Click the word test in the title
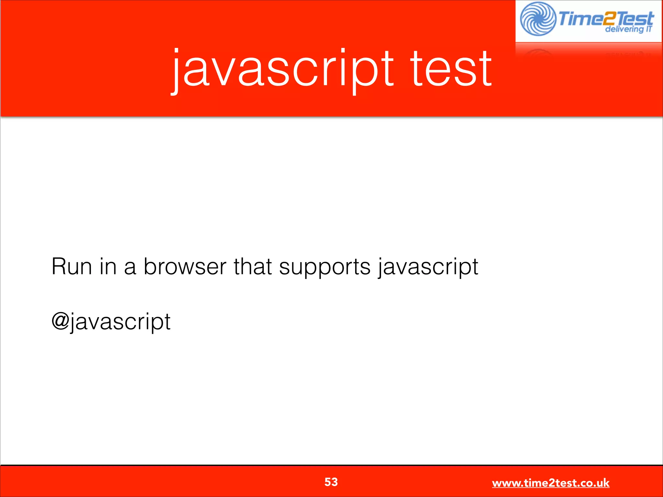pos(451,70)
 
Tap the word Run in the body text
pos(72,267)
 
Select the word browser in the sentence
pos(185,267)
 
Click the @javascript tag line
pos(111,322)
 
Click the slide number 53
pos(331,482)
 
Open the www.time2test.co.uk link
pos(550,483)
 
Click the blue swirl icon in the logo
pos(538,19)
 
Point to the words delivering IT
pos(628,29)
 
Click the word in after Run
pos(108,267)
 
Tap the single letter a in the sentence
pos(130,268)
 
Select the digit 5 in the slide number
pos(328,482)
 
